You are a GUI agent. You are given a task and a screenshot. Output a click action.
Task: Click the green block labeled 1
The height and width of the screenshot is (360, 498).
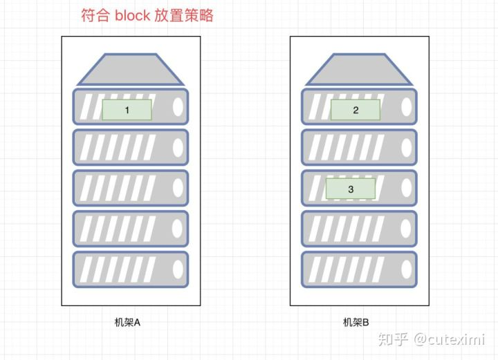coord(127,110)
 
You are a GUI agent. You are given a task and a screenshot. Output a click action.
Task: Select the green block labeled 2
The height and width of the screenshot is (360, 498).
coord(356,110)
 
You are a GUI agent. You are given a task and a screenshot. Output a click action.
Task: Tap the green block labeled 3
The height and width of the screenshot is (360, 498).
coord(350,189)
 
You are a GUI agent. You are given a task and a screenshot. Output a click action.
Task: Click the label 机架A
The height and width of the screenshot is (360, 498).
coord(128,322)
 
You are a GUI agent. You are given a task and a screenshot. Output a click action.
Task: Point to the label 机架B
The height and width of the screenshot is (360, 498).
coord(356,322)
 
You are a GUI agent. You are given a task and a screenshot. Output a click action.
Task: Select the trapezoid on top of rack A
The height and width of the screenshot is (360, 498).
coord(130,70)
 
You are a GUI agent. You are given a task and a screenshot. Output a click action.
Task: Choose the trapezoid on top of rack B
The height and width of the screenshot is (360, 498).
coord(359,70)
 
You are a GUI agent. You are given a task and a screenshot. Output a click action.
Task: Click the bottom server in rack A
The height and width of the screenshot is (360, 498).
coord(130,269)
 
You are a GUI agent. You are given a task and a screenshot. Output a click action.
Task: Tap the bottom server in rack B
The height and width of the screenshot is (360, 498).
coord(359,269)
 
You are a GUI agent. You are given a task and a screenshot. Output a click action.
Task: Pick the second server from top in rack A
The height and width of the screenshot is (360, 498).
coord(130,147)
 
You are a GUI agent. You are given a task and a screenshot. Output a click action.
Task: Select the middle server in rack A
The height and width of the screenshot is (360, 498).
coord(130,188)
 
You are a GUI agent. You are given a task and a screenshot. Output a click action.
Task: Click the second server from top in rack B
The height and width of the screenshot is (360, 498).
coord(359,147)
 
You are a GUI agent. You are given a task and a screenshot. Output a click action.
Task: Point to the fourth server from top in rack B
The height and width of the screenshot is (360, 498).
coord(359,229)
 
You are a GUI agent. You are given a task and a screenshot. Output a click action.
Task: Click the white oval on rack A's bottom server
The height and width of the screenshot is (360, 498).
coord(178,269)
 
